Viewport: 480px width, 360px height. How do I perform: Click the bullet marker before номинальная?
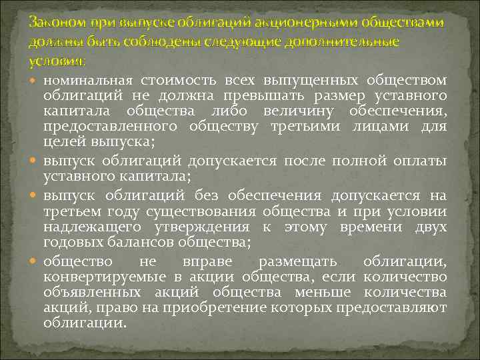pyautogui.click(x=35, y=81)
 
